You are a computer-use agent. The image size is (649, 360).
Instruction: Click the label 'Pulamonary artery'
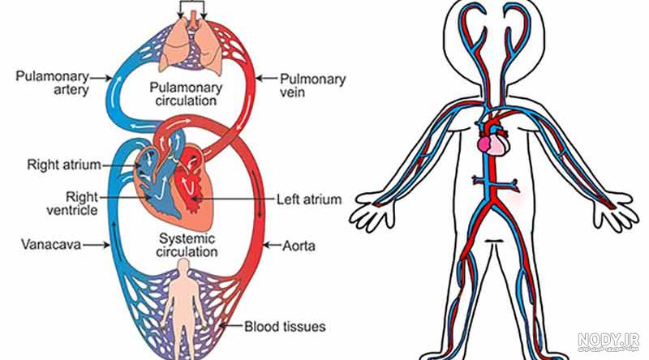click(52, 84)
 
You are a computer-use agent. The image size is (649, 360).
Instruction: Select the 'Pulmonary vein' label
click(312, 85)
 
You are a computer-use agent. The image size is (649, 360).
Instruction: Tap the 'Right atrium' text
click(64, 165)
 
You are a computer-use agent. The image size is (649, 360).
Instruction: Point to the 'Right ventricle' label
click(72, 204)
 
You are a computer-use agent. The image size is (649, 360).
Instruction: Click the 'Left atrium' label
click(309, 199)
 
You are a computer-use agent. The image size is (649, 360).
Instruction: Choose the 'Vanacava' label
click(51, 244)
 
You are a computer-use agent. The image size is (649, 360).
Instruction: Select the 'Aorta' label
click(299, 246)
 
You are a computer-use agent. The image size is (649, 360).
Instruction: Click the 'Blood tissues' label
click(285, 327)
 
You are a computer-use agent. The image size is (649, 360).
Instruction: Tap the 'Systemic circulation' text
click(187, 245)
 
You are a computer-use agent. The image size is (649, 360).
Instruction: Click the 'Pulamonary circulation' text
click(186, 94)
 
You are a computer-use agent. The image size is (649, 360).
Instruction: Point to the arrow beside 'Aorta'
click(273, 246)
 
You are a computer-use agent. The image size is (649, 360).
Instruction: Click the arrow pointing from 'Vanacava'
click(97, 245)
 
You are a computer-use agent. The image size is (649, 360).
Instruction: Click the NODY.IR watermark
click(608, 342)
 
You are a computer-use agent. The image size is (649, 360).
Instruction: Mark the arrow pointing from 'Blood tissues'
click(231, 326)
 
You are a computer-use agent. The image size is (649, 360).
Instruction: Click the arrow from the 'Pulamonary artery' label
click(101, 77)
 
